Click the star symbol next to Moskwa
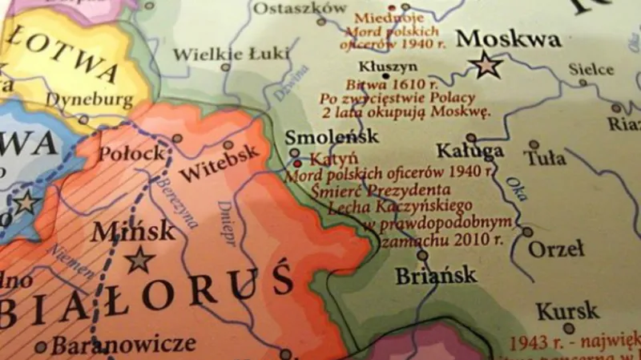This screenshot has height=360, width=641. click(486, 64)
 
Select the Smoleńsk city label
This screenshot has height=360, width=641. click(331, 136)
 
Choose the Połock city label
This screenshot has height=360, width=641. click(132, 152)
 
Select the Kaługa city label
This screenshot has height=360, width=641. click(470, 151)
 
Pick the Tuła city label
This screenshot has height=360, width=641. click(547, 158)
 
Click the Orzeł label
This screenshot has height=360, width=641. click(556, 249)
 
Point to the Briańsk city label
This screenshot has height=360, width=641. click(436, 276)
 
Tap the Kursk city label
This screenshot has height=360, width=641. click(567, 310)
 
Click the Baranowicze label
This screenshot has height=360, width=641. click(123, 345)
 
